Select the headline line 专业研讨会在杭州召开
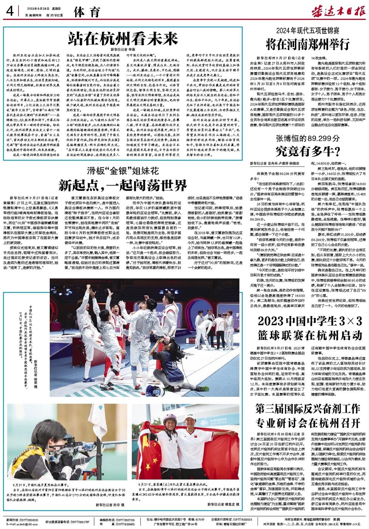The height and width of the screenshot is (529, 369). pyautogui.click(x=308, y=421)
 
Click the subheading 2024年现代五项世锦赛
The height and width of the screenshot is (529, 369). pyautogui.click(x=308, y=32)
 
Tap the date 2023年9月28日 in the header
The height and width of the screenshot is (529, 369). pyautogui.click(x=37, y=10)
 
